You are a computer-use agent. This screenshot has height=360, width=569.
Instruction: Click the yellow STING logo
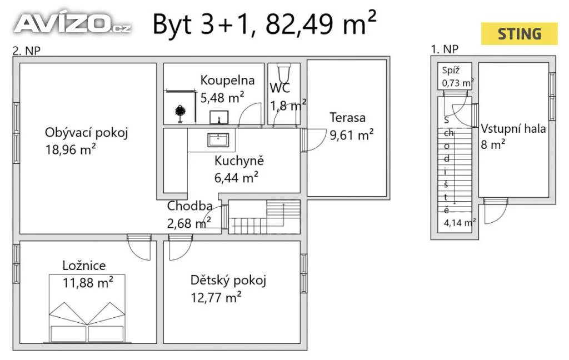(x=520, y=34)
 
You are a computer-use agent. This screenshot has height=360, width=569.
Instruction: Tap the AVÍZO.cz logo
(x=72, y=23)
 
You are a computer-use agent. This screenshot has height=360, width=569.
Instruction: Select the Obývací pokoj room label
(x=86, y=133)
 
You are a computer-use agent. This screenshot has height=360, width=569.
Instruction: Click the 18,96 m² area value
(x=71, y=149)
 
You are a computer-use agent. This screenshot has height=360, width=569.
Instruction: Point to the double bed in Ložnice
(x=87, y=308)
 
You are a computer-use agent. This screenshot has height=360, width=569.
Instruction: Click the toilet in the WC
(x=283, y=73)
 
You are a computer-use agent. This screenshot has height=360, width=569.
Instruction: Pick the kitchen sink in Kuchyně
(x=218, y=139)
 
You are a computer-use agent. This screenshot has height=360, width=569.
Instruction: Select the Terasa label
(x=347, y=118)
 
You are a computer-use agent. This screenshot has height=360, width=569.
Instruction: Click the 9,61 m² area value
(x=351, y=135)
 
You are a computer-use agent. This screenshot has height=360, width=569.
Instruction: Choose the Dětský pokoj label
(x=228, y=281)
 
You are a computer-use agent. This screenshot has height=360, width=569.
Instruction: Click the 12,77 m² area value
(x=216, y=298)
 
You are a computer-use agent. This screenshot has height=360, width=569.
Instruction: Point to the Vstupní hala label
(x=513, y=129)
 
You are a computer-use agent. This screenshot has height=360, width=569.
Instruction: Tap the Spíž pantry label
(x=451, y=71)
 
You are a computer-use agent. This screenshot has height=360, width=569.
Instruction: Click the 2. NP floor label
(x=27, y=51)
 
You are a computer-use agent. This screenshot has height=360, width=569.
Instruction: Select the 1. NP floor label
(x=445, y=49)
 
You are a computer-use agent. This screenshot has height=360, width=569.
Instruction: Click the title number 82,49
(x=299, y=24)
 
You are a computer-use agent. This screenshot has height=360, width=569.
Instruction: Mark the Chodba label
(x=189, y=206)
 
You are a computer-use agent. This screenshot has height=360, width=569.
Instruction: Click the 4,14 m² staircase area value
(x=460, y=222)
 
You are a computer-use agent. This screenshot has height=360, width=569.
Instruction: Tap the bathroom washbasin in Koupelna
(x=219, y=117)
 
